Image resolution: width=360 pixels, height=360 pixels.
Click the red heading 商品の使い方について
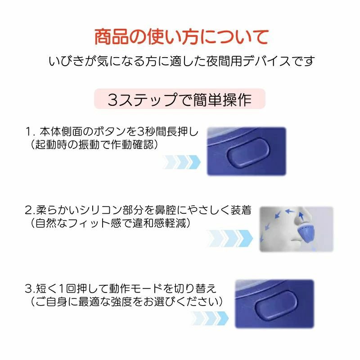pyautogui.click(x=181, y=37)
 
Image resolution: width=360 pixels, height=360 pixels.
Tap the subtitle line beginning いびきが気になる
pyautogui.click(x=181, y=61)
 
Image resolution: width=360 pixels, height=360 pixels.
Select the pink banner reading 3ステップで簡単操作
pyautogui.click(x=180, y=99)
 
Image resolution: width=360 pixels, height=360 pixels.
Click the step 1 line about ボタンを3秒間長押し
pyautogui.click(x=112, y=131)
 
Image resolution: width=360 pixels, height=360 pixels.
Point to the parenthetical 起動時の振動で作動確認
pyautogui.click(x=94, y=144)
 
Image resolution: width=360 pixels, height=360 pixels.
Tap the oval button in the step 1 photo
pyautogui.click(x=248, y=152)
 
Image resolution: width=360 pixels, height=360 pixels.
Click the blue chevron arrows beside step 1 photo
pyautogui.click(x=181, y=162)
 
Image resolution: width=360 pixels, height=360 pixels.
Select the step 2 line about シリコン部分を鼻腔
pyautogui.click(x=138, y=210)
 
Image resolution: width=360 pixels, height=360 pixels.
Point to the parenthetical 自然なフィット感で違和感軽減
pyautogui.click(x=110, y=223)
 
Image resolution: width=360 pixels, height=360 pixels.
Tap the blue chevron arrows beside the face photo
pyautogui.click(x=229, y=238)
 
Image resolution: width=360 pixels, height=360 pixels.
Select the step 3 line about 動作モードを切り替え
pyautogui.click(x=121, y=288)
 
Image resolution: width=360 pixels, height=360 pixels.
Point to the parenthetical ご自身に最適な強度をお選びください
pyautogui.click(x=126, y=301)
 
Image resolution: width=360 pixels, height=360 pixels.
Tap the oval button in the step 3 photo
pyautogui.click(x=276, y=306)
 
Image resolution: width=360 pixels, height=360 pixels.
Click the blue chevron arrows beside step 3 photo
pyautogui.click(x=210, y=318)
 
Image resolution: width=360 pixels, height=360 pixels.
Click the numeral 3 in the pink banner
pyautogui.click(x=112, y=100)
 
